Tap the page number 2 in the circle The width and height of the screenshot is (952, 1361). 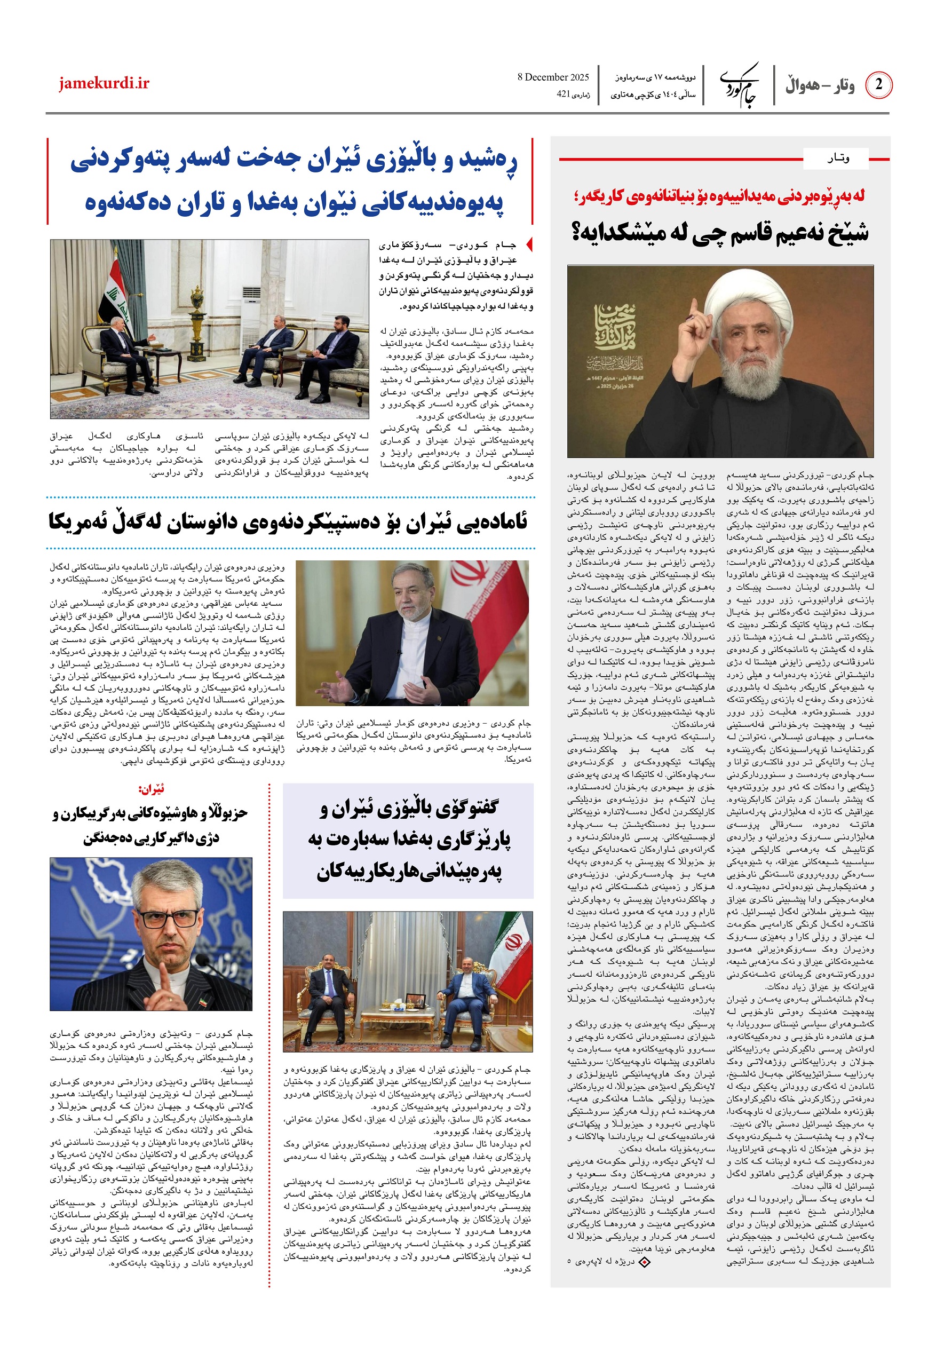coord(878,85)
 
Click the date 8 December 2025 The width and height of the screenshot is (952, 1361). coord(552,77)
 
